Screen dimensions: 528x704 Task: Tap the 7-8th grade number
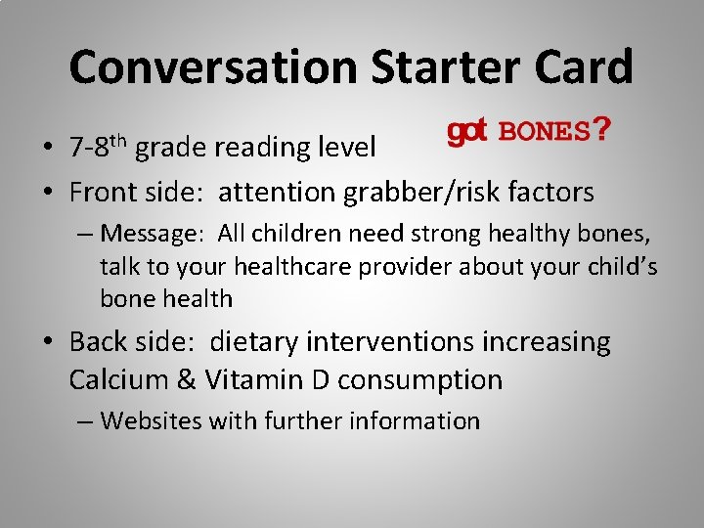[x=99, y=147]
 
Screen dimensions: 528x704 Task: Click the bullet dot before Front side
[x=49, y=194]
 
